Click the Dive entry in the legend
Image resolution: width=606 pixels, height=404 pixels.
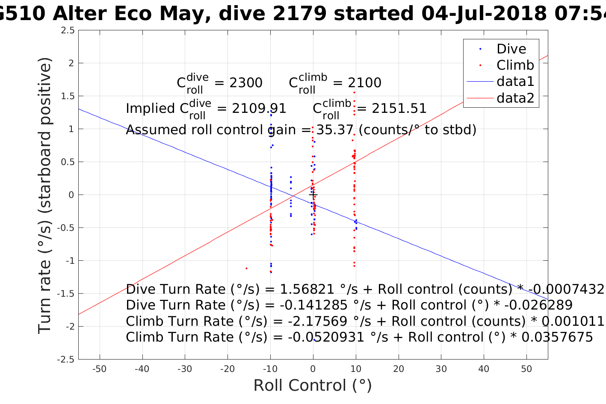pyautogui.click(x=511, y=49)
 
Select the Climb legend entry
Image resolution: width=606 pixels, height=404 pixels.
pyautogui.click(x=515, y=65)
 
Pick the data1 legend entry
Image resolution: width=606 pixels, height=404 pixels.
pyautogui.click(x=515, y=82)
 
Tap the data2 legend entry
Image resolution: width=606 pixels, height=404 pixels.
pyautogui.click(x=515, y=98)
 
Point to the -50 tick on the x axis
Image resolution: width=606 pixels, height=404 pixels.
pyautogui.click(x=100, y=369)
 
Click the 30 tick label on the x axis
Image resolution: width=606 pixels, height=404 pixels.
pyautogui.click(x=441, y=369)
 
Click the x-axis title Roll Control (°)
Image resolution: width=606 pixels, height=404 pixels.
pyautogui.click(x=313, y=386)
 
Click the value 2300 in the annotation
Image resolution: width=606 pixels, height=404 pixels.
pyautogui.click(x=246, y=83)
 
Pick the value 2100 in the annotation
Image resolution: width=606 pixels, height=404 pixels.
pyautogui.click(x=364, y=83)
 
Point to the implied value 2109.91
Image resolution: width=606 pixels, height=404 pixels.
pyautogui.click(x=259, y=109)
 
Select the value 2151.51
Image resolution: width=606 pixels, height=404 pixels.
pyautogui.click(x=399, y=109)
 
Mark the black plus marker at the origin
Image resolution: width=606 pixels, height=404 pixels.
pyautogui.click(x=313, y=195)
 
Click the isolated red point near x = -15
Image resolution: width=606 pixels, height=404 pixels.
pyautogui.click(x=246, y=268)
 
